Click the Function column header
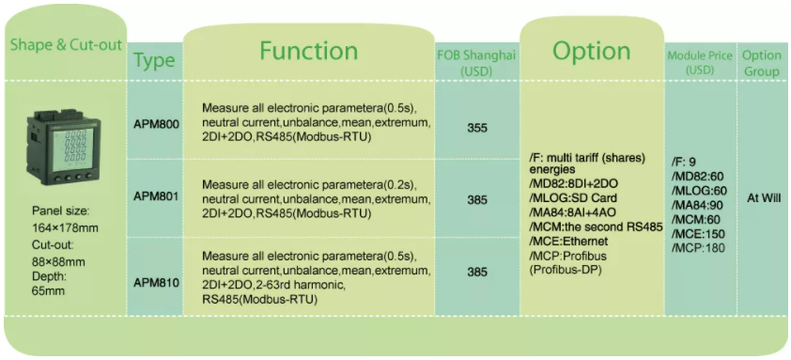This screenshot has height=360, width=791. [308, 51]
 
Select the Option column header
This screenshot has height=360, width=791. [591, 51]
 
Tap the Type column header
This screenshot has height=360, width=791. [154, 60]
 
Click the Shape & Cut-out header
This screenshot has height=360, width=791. [66, 45]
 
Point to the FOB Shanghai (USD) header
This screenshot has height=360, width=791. [476, 63]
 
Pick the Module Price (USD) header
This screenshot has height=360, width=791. [700, 63]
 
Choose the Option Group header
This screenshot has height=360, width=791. [761, 63]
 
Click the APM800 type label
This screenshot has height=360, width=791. [156, 124]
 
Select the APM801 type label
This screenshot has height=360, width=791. [156, 196]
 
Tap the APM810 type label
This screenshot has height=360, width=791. [156, 283]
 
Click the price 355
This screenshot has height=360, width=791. [477, 128]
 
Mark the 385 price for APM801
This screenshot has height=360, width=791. [477, 200]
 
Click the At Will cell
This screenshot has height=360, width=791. [764, 198]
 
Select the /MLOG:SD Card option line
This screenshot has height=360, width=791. [573, 198]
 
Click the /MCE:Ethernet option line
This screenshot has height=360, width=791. [568, 242]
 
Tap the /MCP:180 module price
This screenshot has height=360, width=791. [698, 248]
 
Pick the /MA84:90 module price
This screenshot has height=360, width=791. [696, 205]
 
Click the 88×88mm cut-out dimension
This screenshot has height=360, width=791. [58, 262]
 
